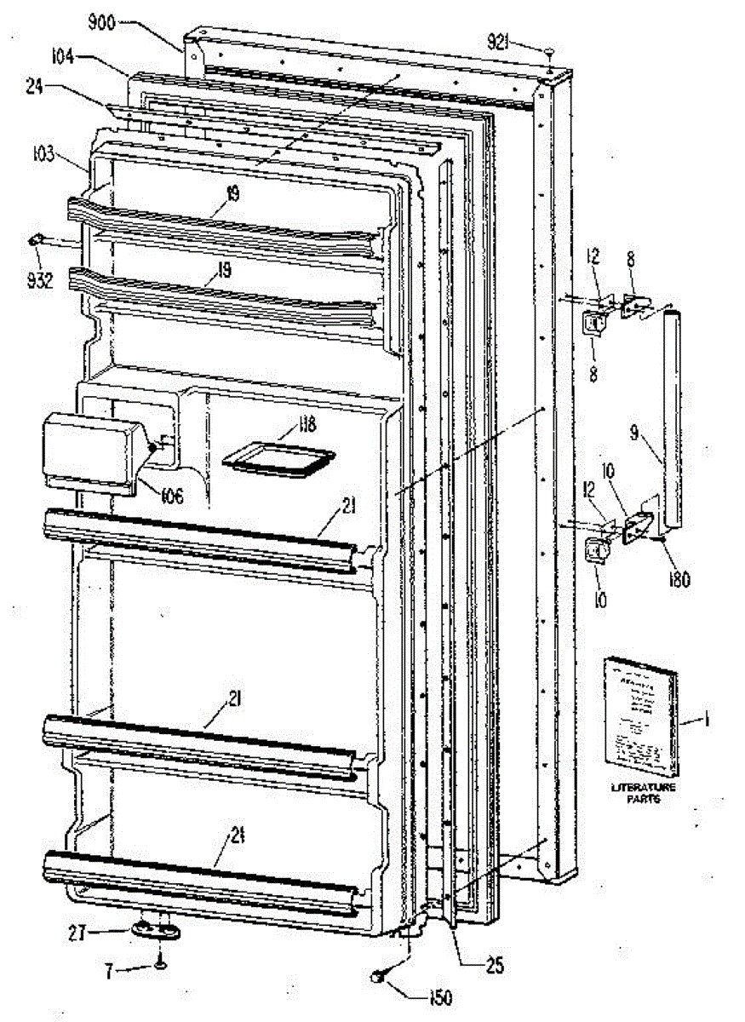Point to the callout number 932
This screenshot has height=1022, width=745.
pyautogui.click(x=40, y=278)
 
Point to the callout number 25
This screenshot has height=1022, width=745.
pyautogui.click(x=493, y=967)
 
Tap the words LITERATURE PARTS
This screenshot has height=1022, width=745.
pyautogui.click(x=644, y=794)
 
